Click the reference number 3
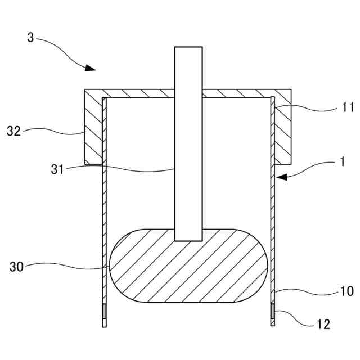[31, 38]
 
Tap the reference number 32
[13, 132]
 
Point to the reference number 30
[16, 267]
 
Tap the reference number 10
[346, 291]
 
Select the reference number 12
[323, 324]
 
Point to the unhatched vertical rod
[188, 169]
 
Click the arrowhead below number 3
[90, 68]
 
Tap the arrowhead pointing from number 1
[282, 177]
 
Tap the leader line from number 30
[67, 265]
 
